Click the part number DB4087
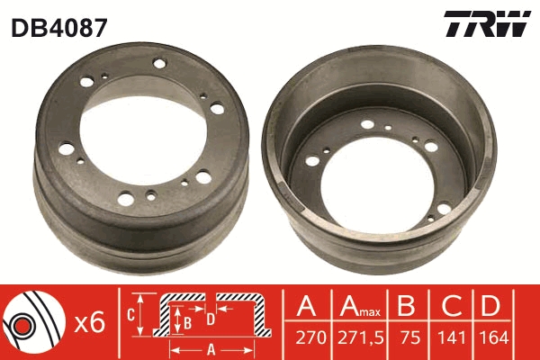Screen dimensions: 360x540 tap(58, 27)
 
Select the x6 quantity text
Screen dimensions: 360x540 tap(91, 322)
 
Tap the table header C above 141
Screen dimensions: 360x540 tap(449, 308)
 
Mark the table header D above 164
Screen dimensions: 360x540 tap(491, 308)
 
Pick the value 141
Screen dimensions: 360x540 tap(449, 340)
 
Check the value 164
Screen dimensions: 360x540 tap(491, 340)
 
